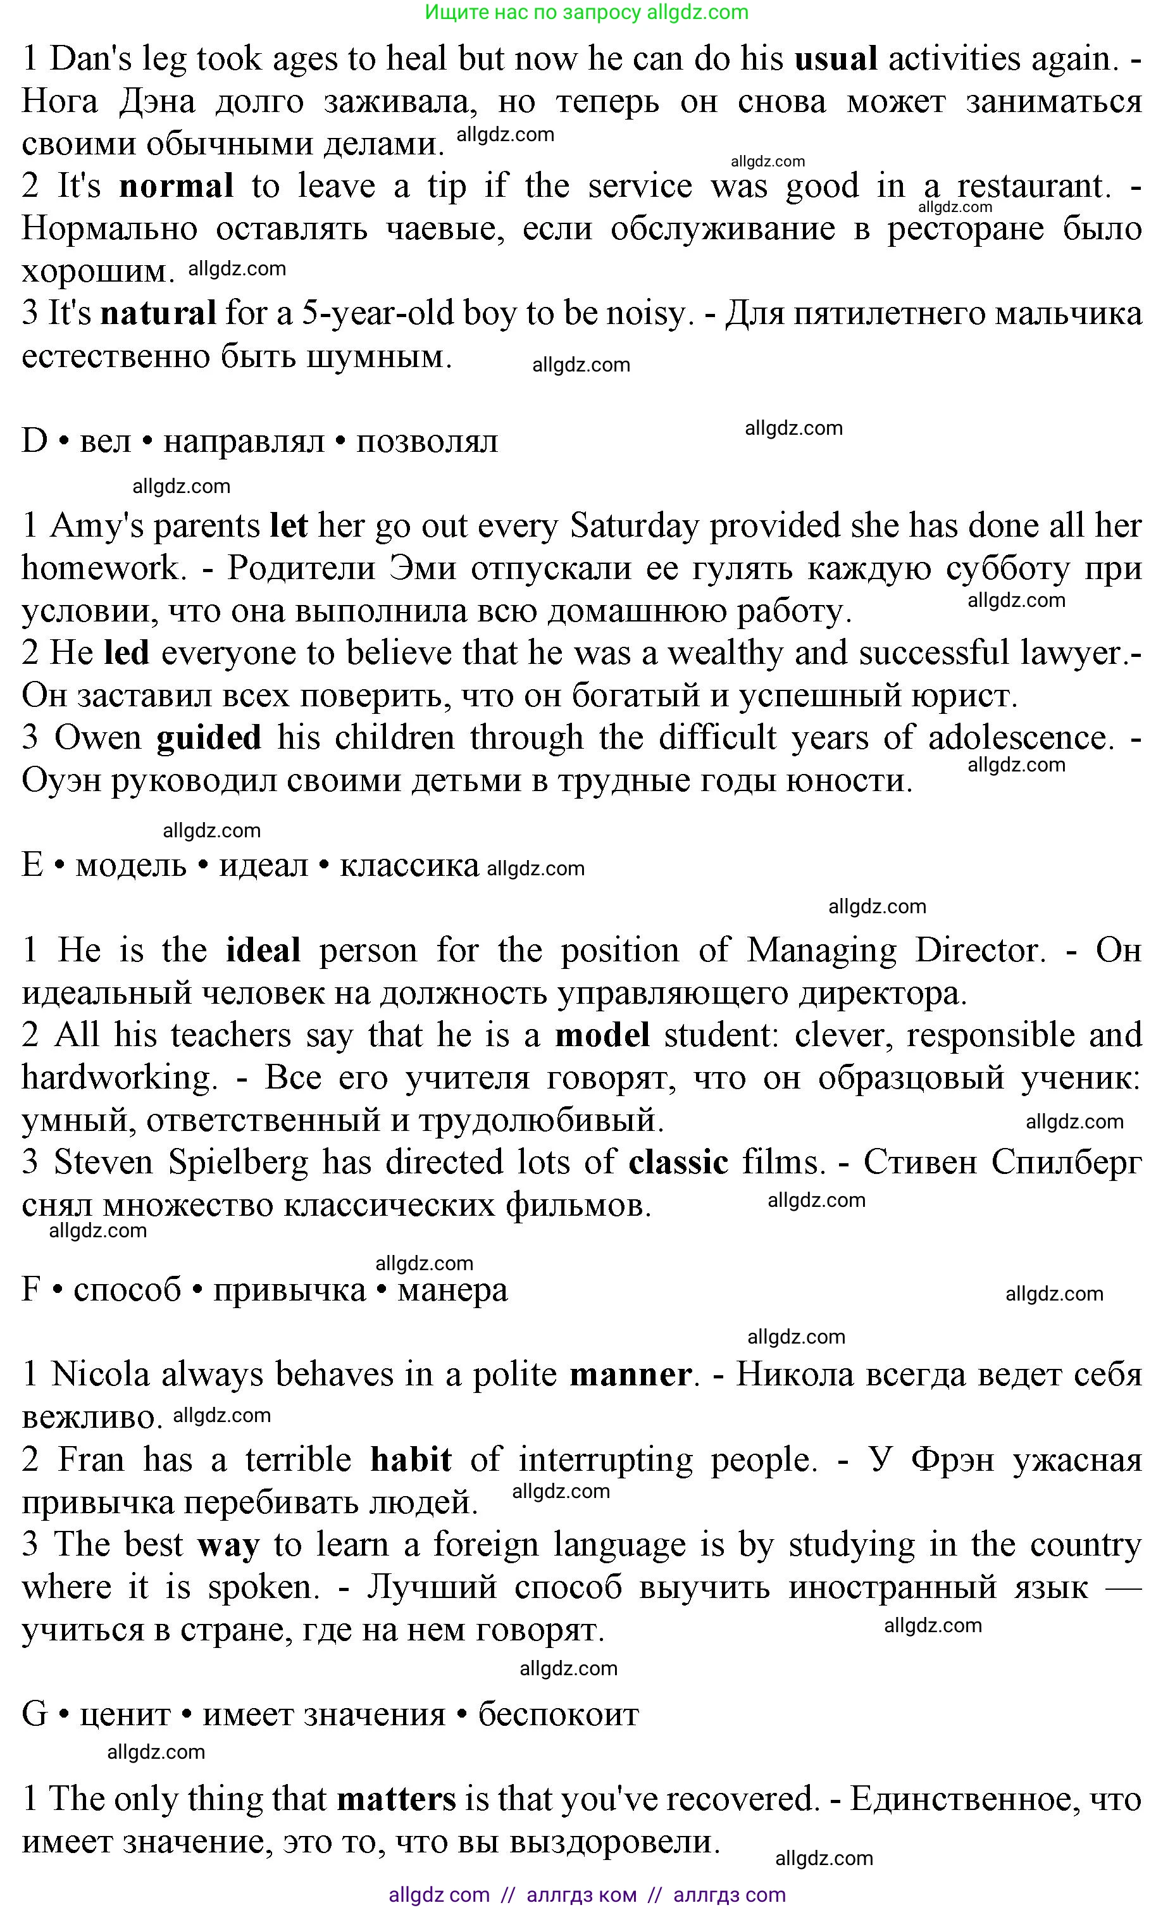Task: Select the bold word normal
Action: [177, 187]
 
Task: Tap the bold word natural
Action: [159, 314]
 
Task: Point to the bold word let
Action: [289, 526]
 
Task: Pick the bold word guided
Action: [208, 738]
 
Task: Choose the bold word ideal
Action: [263, 951]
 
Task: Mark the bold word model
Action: [602, 1036]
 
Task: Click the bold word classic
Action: [678, 1163]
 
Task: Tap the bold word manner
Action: [630, 1375]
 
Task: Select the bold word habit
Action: [411, 1460]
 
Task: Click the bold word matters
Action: [396, 1800]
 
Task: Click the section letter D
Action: [35, 441]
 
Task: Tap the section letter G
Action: [35, 1714]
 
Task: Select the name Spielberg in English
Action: [238, 1163]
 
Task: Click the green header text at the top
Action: [587, 13]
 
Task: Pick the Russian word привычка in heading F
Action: [289, 1290]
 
